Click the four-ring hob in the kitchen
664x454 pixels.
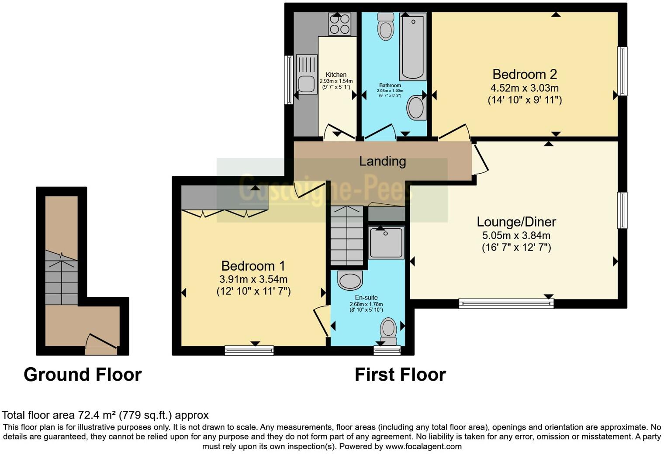pos(340,24)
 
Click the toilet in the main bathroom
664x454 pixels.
pos(386,26)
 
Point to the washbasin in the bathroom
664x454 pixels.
pos(416,107)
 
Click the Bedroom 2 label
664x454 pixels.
pos(525,74)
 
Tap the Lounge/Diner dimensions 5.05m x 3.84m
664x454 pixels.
pos(516,235)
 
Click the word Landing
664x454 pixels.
pos(382,162)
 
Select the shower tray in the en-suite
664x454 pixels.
pos(386,243)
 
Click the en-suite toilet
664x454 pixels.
pos(388,331)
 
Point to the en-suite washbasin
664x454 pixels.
pos(350,280)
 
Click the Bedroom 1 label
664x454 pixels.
pos(253,266)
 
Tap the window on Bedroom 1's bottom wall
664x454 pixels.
pos(249,351)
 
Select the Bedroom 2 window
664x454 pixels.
pos(622,71)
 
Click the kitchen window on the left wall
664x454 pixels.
pos(288,79)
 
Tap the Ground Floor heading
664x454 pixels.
pos(83,375)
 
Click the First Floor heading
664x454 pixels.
pos(400,375)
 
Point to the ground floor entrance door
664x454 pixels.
pos(101,344)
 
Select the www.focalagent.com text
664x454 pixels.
pos(423,446)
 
